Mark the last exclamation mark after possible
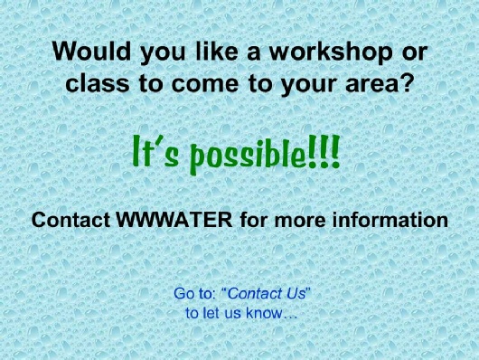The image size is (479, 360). tap(334, 150)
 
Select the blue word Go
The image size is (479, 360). tap(183, 294)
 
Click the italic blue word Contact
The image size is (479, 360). tap(255, 294)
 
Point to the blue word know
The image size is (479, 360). tap(265, 313)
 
